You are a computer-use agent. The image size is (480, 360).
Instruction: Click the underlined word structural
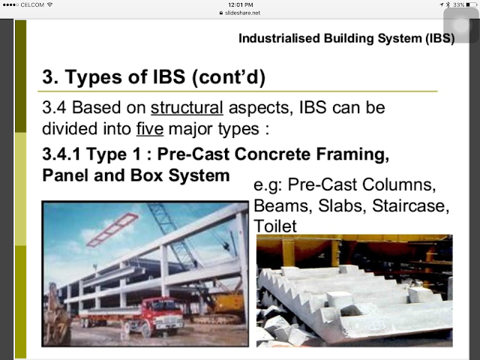187,108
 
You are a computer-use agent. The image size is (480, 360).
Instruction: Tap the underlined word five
150,128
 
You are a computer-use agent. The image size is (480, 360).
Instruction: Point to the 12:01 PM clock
241,4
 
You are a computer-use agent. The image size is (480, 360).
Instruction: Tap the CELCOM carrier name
32,4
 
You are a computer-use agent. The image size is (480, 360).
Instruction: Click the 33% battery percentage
459,4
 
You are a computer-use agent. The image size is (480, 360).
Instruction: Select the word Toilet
275,226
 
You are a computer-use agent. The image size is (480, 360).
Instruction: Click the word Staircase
410,205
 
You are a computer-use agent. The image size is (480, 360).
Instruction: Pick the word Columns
399,184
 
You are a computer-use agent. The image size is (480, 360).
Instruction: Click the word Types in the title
93,76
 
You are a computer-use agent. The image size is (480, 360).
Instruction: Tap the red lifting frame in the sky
112,229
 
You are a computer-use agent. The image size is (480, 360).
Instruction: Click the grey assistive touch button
461,25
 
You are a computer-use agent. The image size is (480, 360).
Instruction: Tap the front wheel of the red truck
147,330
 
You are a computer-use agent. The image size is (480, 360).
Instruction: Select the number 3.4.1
61,154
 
